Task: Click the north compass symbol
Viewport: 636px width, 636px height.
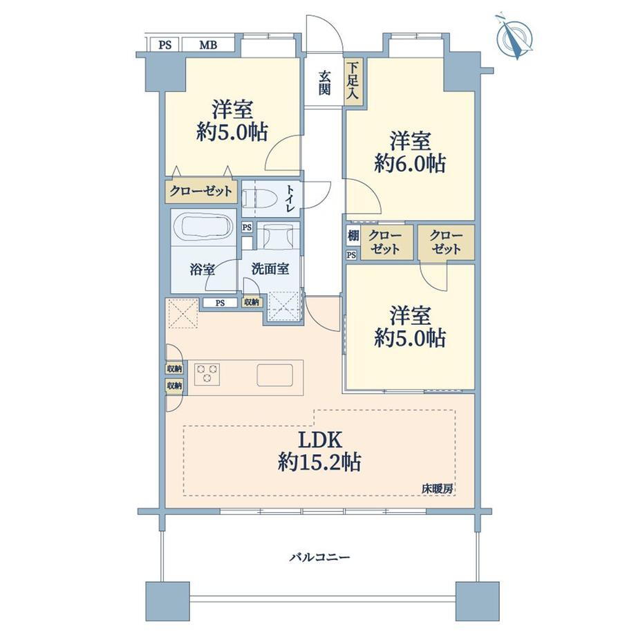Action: click(515, 37)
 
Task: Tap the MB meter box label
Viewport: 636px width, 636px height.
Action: click(208, 45)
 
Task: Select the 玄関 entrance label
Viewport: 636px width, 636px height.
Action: click(324, 83)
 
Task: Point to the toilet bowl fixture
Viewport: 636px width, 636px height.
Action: click(259, 198)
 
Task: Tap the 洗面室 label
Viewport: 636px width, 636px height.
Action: click(270, 268)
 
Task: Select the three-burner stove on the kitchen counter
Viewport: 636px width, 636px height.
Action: click(207, 373)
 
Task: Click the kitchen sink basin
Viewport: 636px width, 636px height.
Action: click(275, 375)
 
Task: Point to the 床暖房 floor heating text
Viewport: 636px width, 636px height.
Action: click(437, 489)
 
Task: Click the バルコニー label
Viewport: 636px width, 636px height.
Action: click(319, 557)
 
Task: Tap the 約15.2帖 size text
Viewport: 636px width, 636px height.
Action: click(319, 462)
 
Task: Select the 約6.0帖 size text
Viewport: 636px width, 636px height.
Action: click(410, 163)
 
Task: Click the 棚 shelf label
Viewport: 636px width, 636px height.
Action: click(353, 235)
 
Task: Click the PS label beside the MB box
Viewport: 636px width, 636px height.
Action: click(165, 45)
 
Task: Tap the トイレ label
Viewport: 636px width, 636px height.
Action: click(290, 198)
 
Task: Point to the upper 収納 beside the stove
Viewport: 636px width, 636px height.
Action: click(174, 368)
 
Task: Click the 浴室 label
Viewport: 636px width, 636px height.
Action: click(203, 269)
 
